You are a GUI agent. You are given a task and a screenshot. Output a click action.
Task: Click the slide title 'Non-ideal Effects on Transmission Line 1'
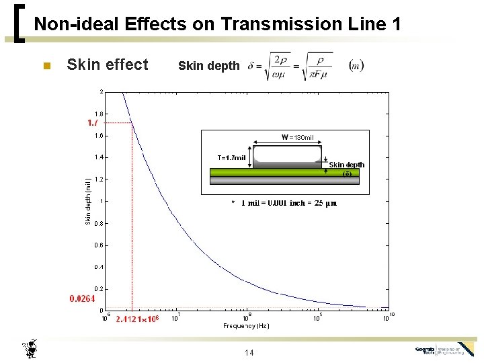click(x=217, y=25)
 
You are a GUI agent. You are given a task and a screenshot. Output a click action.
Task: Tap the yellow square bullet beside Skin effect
click(x=46, y=66)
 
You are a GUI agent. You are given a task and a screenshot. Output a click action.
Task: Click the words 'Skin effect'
click(x=108, y=65)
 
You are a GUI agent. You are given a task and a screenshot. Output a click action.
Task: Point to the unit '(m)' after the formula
click(x=356, y=65)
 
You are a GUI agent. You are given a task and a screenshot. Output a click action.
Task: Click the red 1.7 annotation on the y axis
click(x=93, y=123)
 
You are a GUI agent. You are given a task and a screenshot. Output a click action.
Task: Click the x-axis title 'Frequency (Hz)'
click(x=246, y=326)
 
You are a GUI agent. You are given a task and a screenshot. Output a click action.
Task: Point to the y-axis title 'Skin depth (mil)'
click(x=87, y=200)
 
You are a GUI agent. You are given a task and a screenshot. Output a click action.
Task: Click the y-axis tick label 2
click(x=102, y=91)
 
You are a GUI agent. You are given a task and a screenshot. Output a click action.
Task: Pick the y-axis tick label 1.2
click(x=99, y=179)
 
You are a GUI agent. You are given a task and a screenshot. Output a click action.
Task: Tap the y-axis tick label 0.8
click(x=99, y=223)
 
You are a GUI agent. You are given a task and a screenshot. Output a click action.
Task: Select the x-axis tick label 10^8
click(x=246, y=317)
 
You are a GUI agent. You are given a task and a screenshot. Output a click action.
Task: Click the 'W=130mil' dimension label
click(x=297, y=138)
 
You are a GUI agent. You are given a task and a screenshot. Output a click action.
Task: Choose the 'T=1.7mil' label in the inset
click(x=231, y=157)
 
